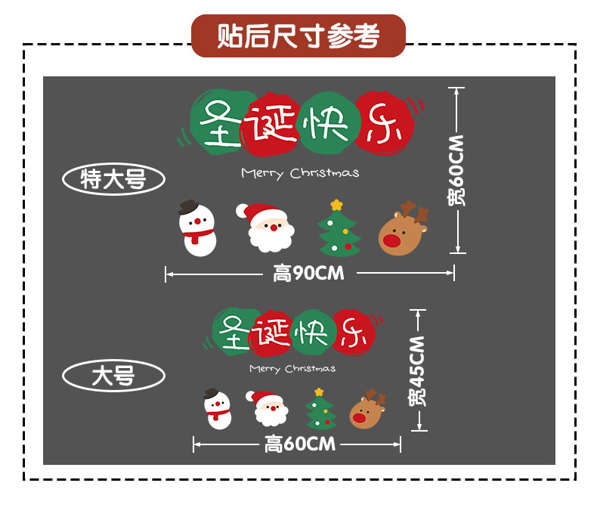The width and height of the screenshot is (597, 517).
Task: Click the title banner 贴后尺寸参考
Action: click(x=298, y=36)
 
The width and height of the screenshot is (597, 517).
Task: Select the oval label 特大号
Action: click(x=113, y=179)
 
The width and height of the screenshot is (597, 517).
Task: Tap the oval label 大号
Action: click(x=113, y=376)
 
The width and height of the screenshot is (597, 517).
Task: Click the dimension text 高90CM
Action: click(x=308, y=274)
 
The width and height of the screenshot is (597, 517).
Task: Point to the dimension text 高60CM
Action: click(x=299, y=444)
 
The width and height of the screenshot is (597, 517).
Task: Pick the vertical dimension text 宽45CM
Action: click(x=418, y=370)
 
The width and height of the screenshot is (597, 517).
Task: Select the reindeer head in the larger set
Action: click(x=402, y=230)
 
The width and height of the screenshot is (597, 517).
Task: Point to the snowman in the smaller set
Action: click(x=218, y=409)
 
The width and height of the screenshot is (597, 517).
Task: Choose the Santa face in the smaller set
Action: click(x=270, y=408)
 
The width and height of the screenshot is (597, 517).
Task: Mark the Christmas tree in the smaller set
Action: click(x=320, y=410)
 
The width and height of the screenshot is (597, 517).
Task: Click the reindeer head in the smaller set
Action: click(x=367, y=410)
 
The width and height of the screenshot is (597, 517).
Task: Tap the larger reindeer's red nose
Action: click(x=392, y=241)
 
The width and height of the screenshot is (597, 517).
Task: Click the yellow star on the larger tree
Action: click(x=337, y=205)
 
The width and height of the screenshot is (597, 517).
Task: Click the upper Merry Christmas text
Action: click(x=300, y=173)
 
